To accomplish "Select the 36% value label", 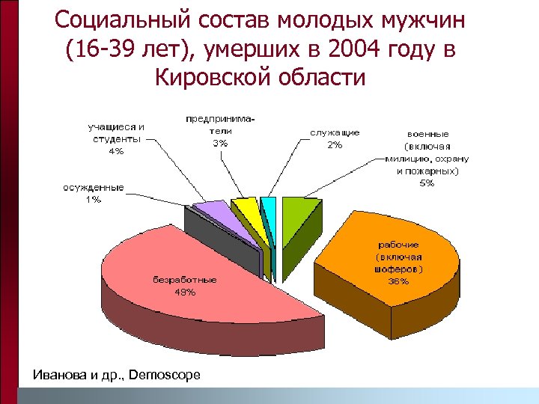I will (398, 281).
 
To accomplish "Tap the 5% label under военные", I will (426, 184).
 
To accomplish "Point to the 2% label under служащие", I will (335, 145).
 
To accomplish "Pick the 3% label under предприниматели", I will (220, 144).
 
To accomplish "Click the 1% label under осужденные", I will (93, 199).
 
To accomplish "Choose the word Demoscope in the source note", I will (165, 374).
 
